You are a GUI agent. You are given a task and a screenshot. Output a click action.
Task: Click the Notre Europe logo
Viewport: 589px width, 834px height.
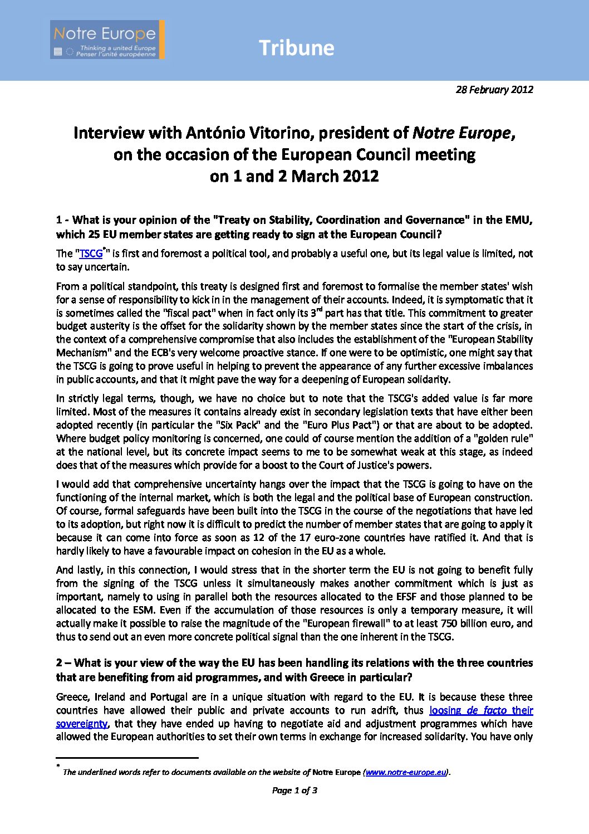(x=107, y=40)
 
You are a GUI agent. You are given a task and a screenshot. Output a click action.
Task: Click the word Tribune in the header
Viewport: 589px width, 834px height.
(x=296, y=48)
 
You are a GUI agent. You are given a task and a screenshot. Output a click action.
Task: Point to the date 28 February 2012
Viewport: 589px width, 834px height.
(x=494, y=90)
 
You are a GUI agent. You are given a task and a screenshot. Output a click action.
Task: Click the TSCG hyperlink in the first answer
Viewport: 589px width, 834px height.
(x=91, y=254)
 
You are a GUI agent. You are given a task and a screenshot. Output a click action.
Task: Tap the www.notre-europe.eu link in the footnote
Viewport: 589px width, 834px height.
(x=406, y=772)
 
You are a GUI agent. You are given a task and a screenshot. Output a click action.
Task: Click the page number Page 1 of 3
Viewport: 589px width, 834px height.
(x=294, y=790)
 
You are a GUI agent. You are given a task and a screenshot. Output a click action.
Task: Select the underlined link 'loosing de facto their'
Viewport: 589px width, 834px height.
(x=481, y=710)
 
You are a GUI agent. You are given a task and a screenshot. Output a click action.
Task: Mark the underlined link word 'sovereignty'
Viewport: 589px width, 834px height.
(x=82, y=724)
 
